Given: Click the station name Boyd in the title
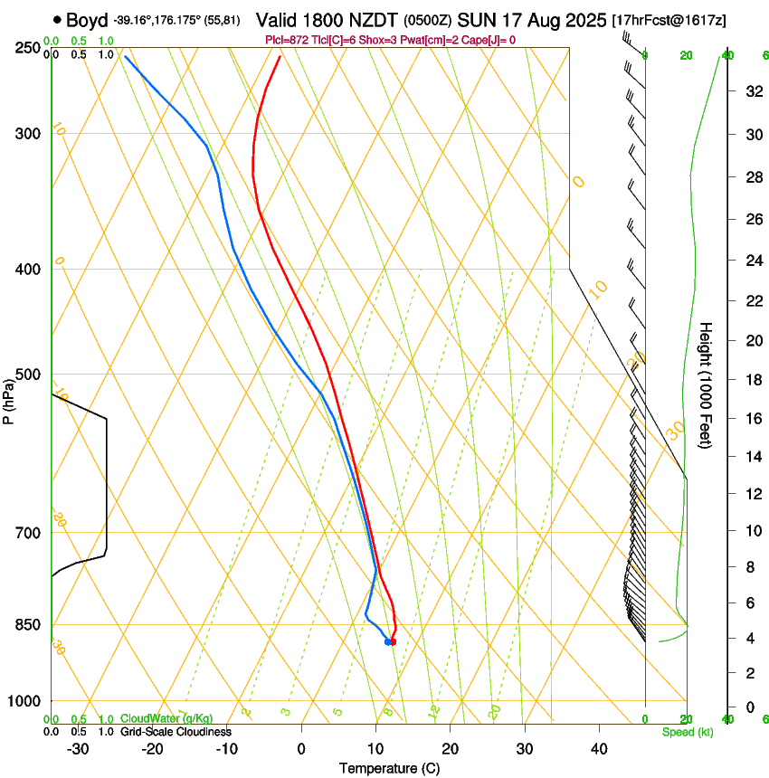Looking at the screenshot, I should tap(87, 20).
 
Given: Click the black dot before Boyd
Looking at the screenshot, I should tap(58, 19).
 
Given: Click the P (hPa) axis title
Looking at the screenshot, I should tap(8, 398).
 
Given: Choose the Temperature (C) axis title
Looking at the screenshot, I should tap(389, 768).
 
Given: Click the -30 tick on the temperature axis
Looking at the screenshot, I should tap(78, 749).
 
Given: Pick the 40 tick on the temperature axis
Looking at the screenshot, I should tap(599, 749).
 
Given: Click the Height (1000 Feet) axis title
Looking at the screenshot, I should tap(707, 384).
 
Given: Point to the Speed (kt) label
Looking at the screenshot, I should tap(685, 732).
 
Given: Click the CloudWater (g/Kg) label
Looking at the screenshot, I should tap(166, 719).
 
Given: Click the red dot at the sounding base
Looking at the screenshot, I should tap(393, 641).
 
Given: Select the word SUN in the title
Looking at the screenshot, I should tap(477, 20).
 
